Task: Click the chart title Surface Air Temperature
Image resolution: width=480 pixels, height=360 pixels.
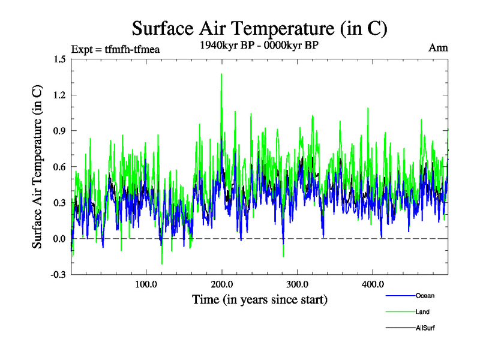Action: click(x=259, y=29)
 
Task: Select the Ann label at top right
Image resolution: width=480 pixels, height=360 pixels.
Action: click(x=438, y=47)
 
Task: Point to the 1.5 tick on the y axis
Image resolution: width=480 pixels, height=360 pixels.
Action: click(x=59, y=59)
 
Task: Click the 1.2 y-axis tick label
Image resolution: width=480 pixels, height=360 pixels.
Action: click(x=59, y=95)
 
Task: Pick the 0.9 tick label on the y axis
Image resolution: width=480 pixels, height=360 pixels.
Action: click(x=59, y=131)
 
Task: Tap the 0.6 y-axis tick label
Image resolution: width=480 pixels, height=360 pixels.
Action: click(x=59, y=167)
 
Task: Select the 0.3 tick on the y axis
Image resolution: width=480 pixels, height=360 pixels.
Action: click(x=59, y=203)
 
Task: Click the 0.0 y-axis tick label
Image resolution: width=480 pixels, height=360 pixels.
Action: click(x=59, y=239)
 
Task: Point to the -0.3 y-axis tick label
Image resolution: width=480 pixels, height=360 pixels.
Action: click(x=58, y=275)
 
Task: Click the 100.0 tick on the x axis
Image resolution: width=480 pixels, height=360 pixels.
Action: click(x=146, y=284)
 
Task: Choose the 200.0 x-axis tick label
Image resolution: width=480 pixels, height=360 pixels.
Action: click(x=222, y=284)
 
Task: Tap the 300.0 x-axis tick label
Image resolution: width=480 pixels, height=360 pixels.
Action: click(x=298, y=284)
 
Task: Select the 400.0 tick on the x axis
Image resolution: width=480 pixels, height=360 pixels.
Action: click(x=373, y=284)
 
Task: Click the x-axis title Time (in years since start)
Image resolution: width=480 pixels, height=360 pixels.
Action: click(x=259, y=299)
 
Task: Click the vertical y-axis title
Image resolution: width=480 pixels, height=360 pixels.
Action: click(x=37, y=167)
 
